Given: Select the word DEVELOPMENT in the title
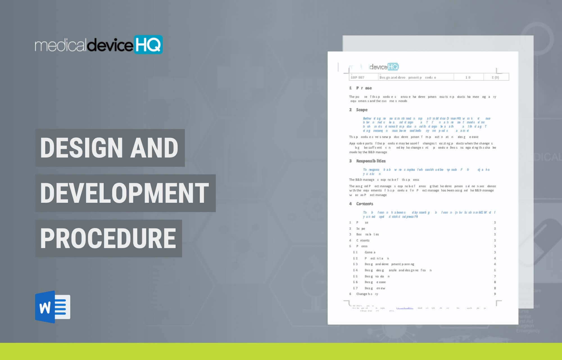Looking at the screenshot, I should pos(125,193).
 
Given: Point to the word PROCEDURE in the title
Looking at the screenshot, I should pos(108,238).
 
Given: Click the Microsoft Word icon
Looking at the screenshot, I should pos(53,307).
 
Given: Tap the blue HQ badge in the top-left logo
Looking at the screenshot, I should pos(148,44).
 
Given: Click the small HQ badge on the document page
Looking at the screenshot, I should pos(393,67).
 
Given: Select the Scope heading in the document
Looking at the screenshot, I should pos(362,110).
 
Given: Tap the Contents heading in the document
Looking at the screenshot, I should pos(364,204).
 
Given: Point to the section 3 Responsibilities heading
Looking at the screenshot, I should pos(371,161).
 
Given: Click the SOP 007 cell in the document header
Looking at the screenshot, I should pos(358,77).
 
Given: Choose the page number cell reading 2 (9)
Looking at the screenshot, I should pos(495,77).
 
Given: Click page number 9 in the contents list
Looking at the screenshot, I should pos(495,294).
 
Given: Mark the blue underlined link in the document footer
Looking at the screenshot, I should pos(405,308).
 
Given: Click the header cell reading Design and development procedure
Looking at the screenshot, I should pos(408,77).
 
